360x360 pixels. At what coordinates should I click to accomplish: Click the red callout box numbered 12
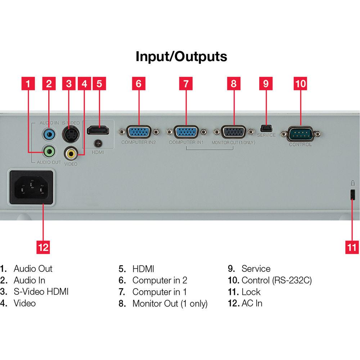(x=43, y=247)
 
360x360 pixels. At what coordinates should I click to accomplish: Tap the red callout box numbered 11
(x=352, y=247)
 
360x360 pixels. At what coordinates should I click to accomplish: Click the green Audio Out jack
(x=49, y=150)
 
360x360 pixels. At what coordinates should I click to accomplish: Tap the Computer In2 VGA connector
(x=139, y=132)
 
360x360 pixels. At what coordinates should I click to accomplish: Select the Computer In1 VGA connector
(x=186, y=132)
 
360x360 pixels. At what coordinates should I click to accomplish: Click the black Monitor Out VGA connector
(x=233, y=132)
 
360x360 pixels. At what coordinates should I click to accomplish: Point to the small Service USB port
(x=266, y=128)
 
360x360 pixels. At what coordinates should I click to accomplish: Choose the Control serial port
(x=300, y=135)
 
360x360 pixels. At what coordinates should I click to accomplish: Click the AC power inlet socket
(x=32, y=188)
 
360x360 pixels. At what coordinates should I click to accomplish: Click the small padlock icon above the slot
(x=352, y=183)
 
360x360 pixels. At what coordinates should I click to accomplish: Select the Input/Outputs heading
(x=181, y=57)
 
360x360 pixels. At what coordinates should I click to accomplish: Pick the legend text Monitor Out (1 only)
(x=170, y=303)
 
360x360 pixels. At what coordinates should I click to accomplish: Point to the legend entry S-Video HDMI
(x=41, y=292)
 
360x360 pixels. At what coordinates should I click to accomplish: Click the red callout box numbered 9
(x=266, y=84)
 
